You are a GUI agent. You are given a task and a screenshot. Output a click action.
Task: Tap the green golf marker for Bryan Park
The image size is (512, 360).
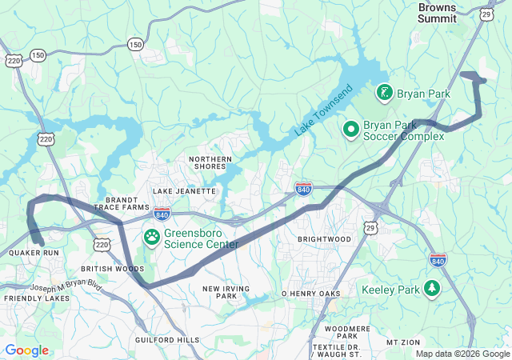tap(385, 94)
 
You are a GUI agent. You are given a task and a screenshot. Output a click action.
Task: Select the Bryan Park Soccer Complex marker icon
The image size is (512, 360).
tap(350, 129)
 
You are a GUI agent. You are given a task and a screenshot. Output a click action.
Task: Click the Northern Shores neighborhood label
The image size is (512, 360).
tap(210, 164)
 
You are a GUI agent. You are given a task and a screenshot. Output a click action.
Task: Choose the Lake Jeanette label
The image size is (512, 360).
tap(184, 191)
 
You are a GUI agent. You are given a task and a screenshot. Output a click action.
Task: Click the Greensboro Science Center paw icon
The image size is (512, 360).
tap(151, 238)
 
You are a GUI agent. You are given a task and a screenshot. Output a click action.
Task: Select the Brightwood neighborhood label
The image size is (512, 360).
tap(324, 239)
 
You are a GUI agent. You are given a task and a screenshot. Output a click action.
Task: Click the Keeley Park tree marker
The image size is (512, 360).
tap(433, 288)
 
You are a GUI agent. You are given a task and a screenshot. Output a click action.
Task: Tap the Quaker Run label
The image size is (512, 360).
tap(34, 253)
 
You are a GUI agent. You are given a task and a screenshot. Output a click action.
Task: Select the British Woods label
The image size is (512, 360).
tap(113, 269)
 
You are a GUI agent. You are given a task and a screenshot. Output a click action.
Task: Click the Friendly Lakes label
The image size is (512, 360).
tap(37, 298)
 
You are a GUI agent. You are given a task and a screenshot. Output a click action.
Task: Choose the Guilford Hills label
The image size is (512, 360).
tap(166, 340)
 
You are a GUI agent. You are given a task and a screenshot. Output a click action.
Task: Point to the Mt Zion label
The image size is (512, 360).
tap(402, 342)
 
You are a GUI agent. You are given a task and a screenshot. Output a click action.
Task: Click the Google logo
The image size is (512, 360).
tap(26, 350)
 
